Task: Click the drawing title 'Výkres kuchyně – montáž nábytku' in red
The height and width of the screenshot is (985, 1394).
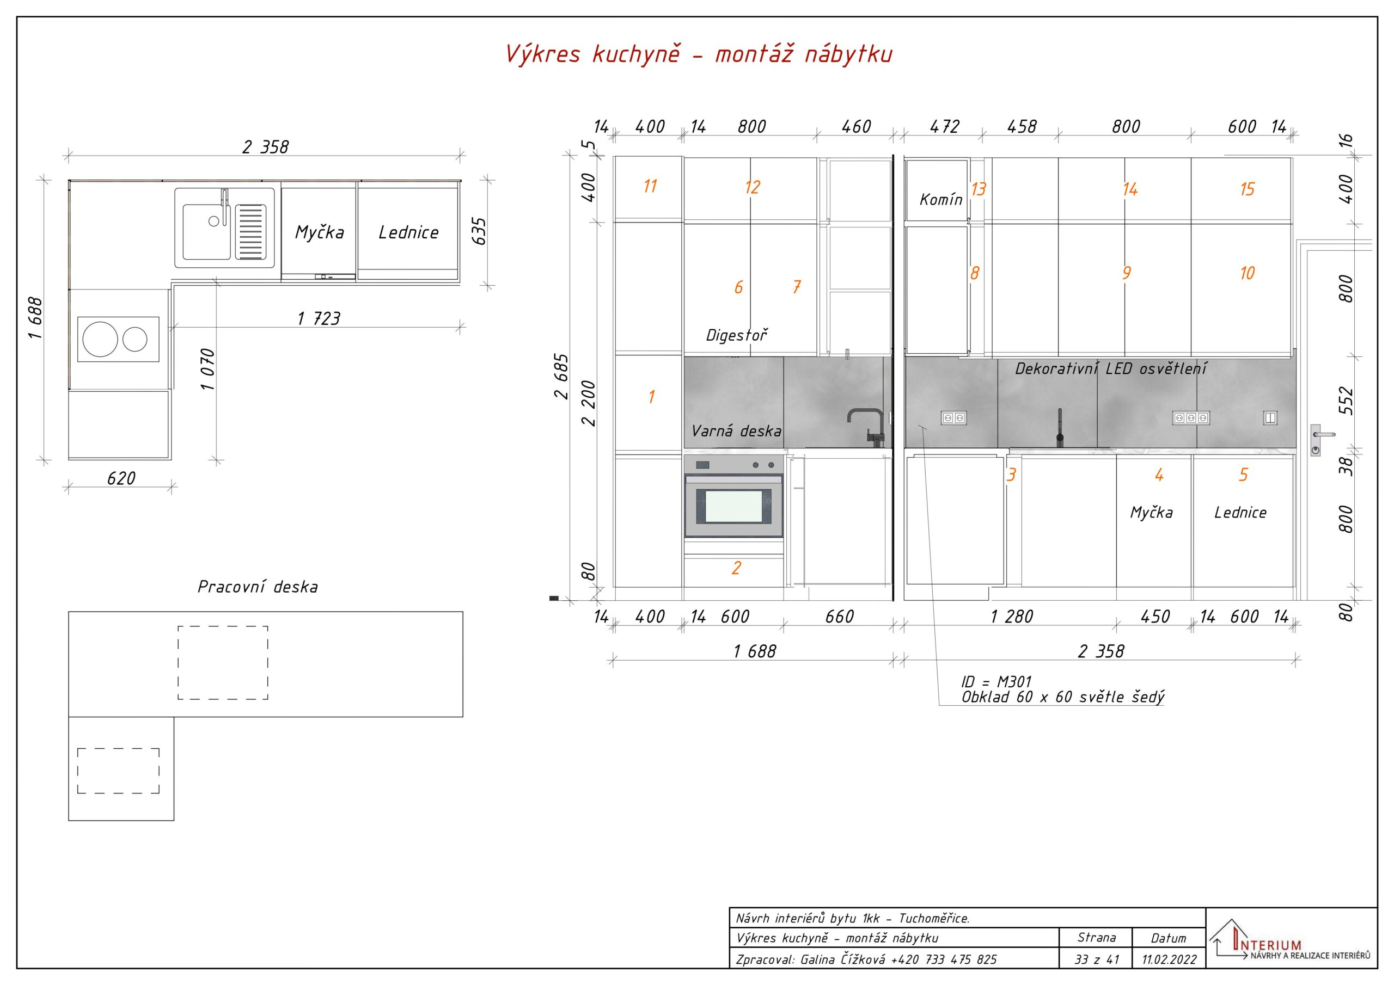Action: (x=699, y=54)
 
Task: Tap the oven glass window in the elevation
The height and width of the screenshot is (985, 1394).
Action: (x=733, y=506)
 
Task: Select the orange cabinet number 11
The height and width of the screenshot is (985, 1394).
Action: (x=650, y=186)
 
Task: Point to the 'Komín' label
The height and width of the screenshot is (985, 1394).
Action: (x=941, y=199)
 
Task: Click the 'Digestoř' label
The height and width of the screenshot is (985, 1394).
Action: (x=736, y=335)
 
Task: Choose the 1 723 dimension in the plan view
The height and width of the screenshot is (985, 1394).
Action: (x=319, y=318)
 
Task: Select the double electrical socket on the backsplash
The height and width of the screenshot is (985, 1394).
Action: (x=953, y=417)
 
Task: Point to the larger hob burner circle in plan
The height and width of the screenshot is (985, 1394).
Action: (x=100, y=338)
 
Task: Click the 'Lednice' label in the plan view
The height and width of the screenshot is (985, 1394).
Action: (x=408, y=232)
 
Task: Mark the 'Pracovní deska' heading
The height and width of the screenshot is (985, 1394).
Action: (x=258, y=587)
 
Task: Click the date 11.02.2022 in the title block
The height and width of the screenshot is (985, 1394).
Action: (x=1169, y=959)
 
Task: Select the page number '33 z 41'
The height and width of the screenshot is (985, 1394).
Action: (x=1097, y=959)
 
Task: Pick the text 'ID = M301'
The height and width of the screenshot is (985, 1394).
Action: (x=996, y=681)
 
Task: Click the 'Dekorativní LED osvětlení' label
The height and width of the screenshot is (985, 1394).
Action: (x=1111, y=368)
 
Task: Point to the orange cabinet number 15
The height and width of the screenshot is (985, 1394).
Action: (x=1247, y=189)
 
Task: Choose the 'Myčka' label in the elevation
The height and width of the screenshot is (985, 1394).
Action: (x=1151, y=513)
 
